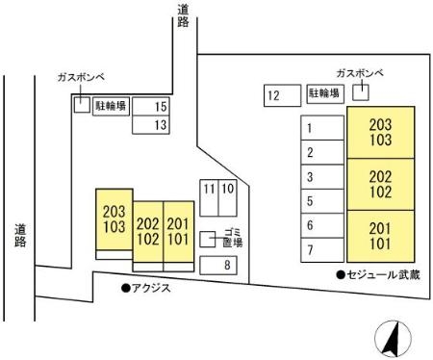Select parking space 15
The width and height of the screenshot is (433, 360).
coord(152,107)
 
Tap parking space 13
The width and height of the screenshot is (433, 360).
coord(152,124)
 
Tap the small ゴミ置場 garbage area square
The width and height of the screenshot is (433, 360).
coord(207,238)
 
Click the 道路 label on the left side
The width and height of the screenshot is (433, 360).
coord(20,236)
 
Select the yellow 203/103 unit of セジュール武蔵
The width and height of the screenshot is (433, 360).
coord(381,134)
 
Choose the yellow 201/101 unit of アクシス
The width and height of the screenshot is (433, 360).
coord(179,229)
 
